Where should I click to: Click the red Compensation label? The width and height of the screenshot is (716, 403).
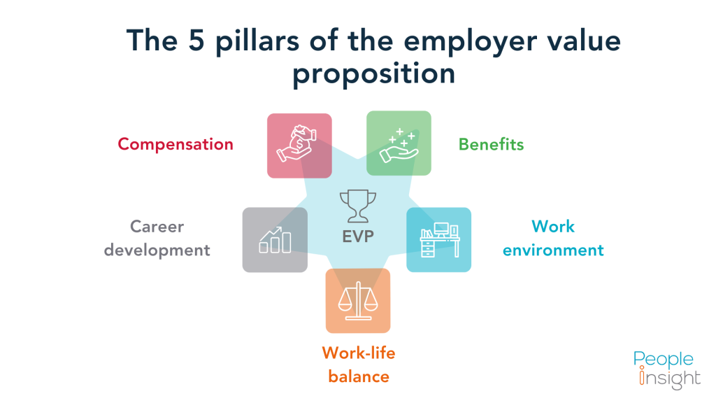[175, 144]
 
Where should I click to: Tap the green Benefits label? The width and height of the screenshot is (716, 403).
[491, 145]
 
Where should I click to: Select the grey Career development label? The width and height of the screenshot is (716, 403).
[157, 238]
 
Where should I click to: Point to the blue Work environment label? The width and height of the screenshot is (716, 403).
[552, 238]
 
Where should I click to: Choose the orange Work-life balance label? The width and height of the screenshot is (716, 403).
[358, 365]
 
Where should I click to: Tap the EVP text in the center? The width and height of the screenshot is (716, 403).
[358, 236]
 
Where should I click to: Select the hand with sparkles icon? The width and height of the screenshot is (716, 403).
[399, 143]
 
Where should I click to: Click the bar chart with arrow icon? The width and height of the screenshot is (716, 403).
[275, 239]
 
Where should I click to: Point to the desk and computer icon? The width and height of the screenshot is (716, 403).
[439, 239]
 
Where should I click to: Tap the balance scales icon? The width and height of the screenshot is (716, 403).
[357, 299]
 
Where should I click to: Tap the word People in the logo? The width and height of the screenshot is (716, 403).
[664, 360]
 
